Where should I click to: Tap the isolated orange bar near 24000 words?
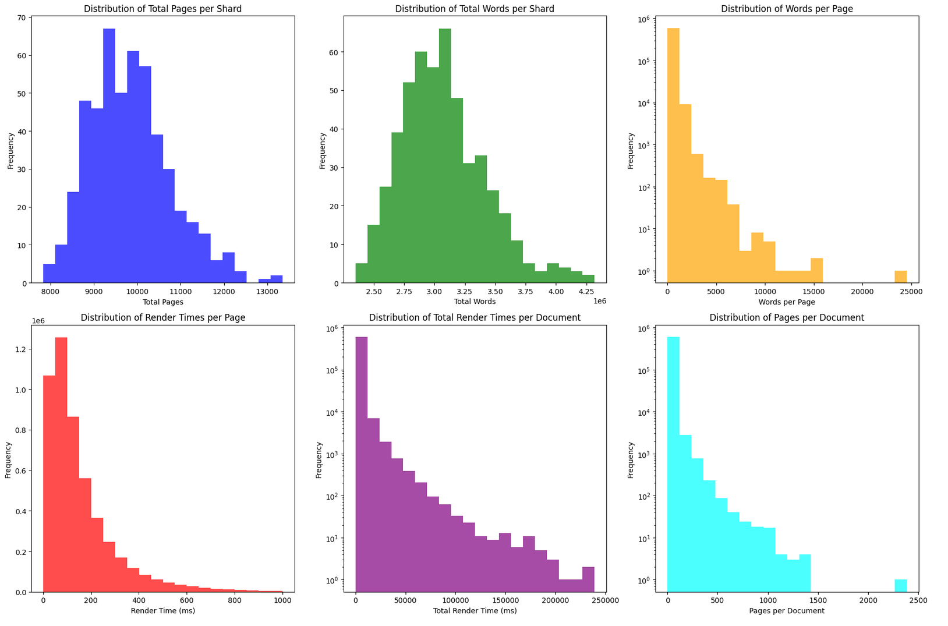(900, 277)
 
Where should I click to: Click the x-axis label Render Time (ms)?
(162, 611)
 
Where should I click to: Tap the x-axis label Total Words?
(475, 302)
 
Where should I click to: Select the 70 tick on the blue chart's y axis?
(21, 18)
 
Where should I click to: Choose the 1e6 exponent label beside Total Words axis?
(599, 302)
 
